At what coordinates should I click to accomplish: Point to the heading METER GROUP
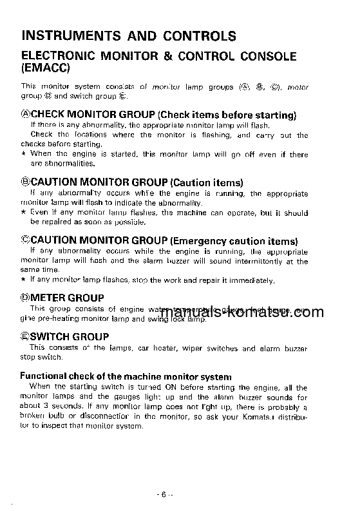(67, 298)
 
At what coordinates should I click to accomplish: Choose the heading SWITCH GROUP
(70, 336)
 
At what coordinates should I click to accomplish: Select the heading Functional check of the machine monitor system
(126, 376)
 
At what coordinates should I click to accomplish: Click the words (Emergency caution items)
(238, 241)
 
